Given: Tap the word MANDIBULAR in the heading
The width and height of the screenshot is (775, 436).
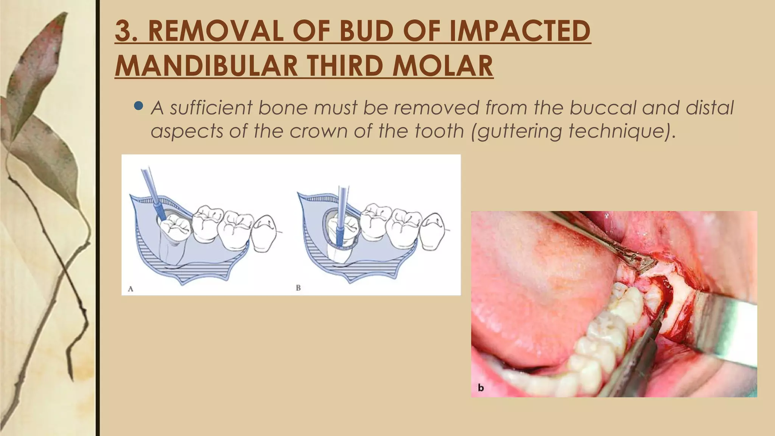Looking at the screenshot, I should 207,66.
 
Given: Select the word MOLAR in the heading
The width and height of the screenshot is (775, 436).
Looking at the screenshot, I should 443,66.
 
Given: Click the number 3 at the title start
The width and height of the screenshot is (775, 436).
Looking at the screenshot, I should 124,31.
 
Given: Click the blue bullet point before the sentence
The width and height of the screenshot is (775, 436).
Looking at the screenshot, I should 139,106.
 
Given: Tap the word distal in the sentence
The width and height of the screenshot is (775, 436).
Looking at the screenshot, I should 710,107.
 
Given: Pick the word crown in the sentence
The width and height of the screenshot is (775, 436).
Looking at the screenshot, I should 318,132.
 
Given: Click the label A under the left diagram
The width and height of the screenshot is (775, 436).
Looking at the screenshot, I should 131,289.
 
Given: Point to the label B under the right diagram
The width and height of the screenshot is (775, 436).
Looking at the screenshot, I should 298,288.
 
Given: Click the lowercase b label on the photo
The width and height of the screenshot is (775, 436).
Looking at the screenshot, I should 481,388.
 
